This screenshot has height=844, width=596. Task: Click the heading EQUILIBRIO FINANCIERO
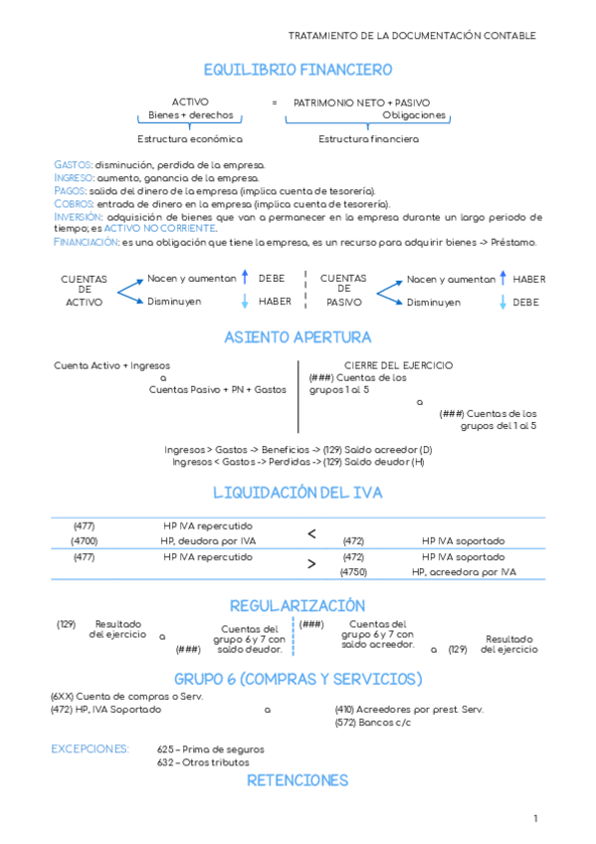coord(298,70)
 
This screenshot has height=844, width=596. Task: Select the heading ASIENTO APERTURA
coord(298,337)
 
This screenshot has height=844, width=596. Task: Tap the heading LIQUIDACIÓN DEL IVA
coord(298,493)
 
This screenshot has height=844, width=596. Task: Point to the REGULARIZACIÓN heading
coord(298,605)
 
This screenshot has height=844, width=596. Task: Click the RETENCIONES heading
coord(298,780)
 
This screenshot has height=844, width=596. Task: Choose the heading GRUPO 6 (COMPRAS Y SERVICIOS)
coord(298,678)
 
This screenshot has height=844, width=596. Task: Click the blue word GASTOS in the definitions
coord(73,164)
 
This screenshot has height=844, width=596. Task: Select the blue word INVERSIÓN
coord(77,216)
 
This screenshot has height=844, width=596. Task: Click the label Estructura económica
coord(189,139)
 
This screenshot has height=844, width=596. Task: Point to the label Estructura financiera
coord(368,139)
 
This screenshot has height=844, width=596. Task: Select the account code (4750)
coord(353,572)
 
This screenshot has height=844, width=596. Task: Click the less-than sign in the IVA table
coord(311,534)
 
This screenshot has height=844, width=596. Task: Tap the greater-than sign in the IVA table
coord(311,564)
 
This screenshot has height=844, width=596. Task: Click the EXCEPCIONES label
coord(90,748)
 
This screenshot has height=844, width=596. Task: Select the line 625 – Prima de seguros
coord(211,748)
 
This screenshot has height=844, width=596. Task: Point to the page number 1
coord(534,818)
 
